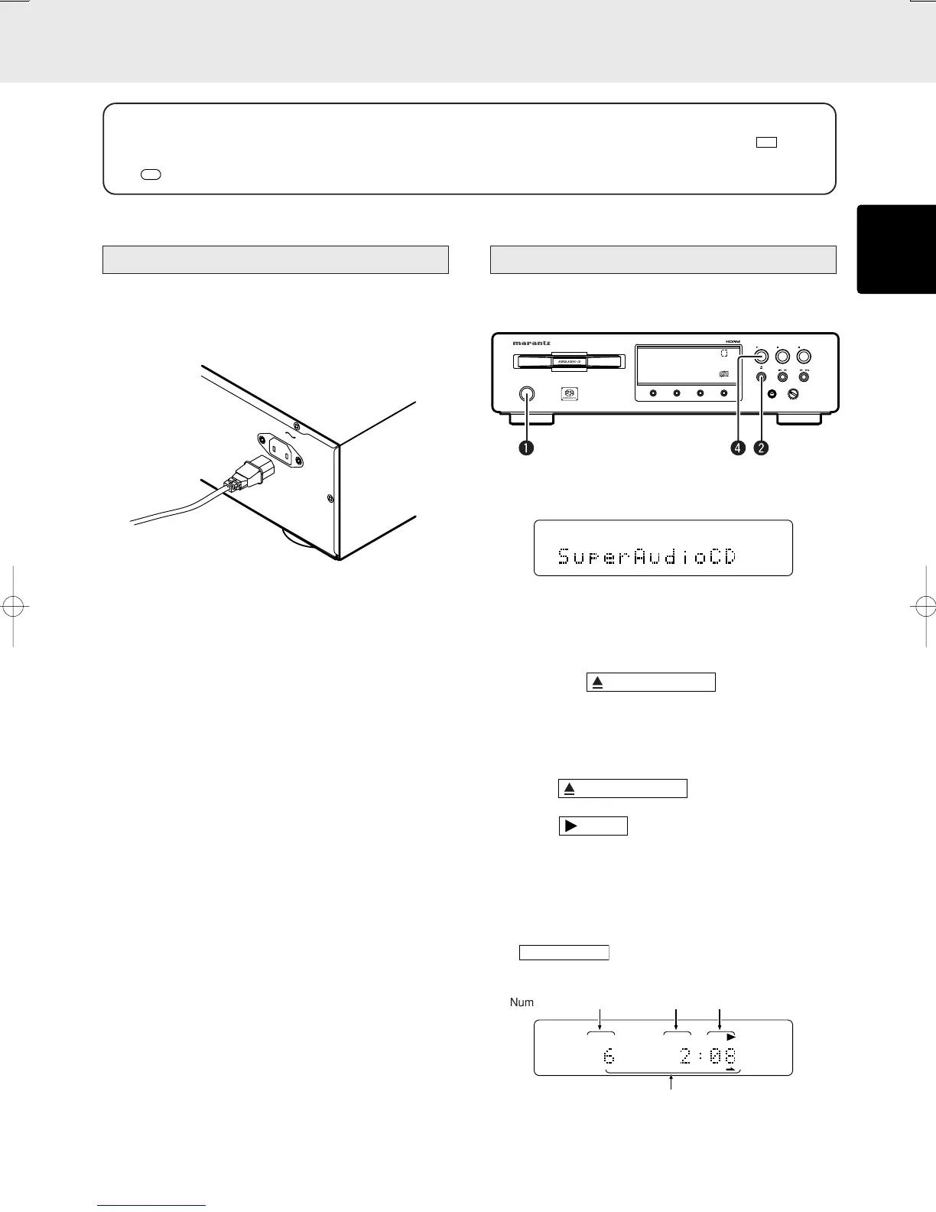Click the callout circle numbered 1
526,448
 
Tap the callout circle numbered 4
738,448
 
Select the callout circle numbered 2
760,448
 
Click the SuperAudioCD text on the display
647,556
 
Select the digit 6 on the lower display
609,1056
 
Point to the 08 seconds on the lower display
723,1056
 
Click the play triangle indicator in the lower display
730,1036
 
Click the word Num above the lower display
522,1002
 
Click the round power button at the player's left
526,395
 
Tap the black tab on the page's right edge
896,249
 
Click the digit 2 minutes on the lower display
686,1056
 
